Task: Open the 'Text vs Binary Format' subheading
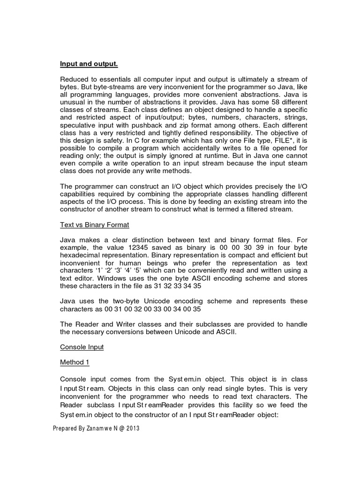coord(94,225)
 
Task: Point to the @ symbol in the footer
coord(119,428)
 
